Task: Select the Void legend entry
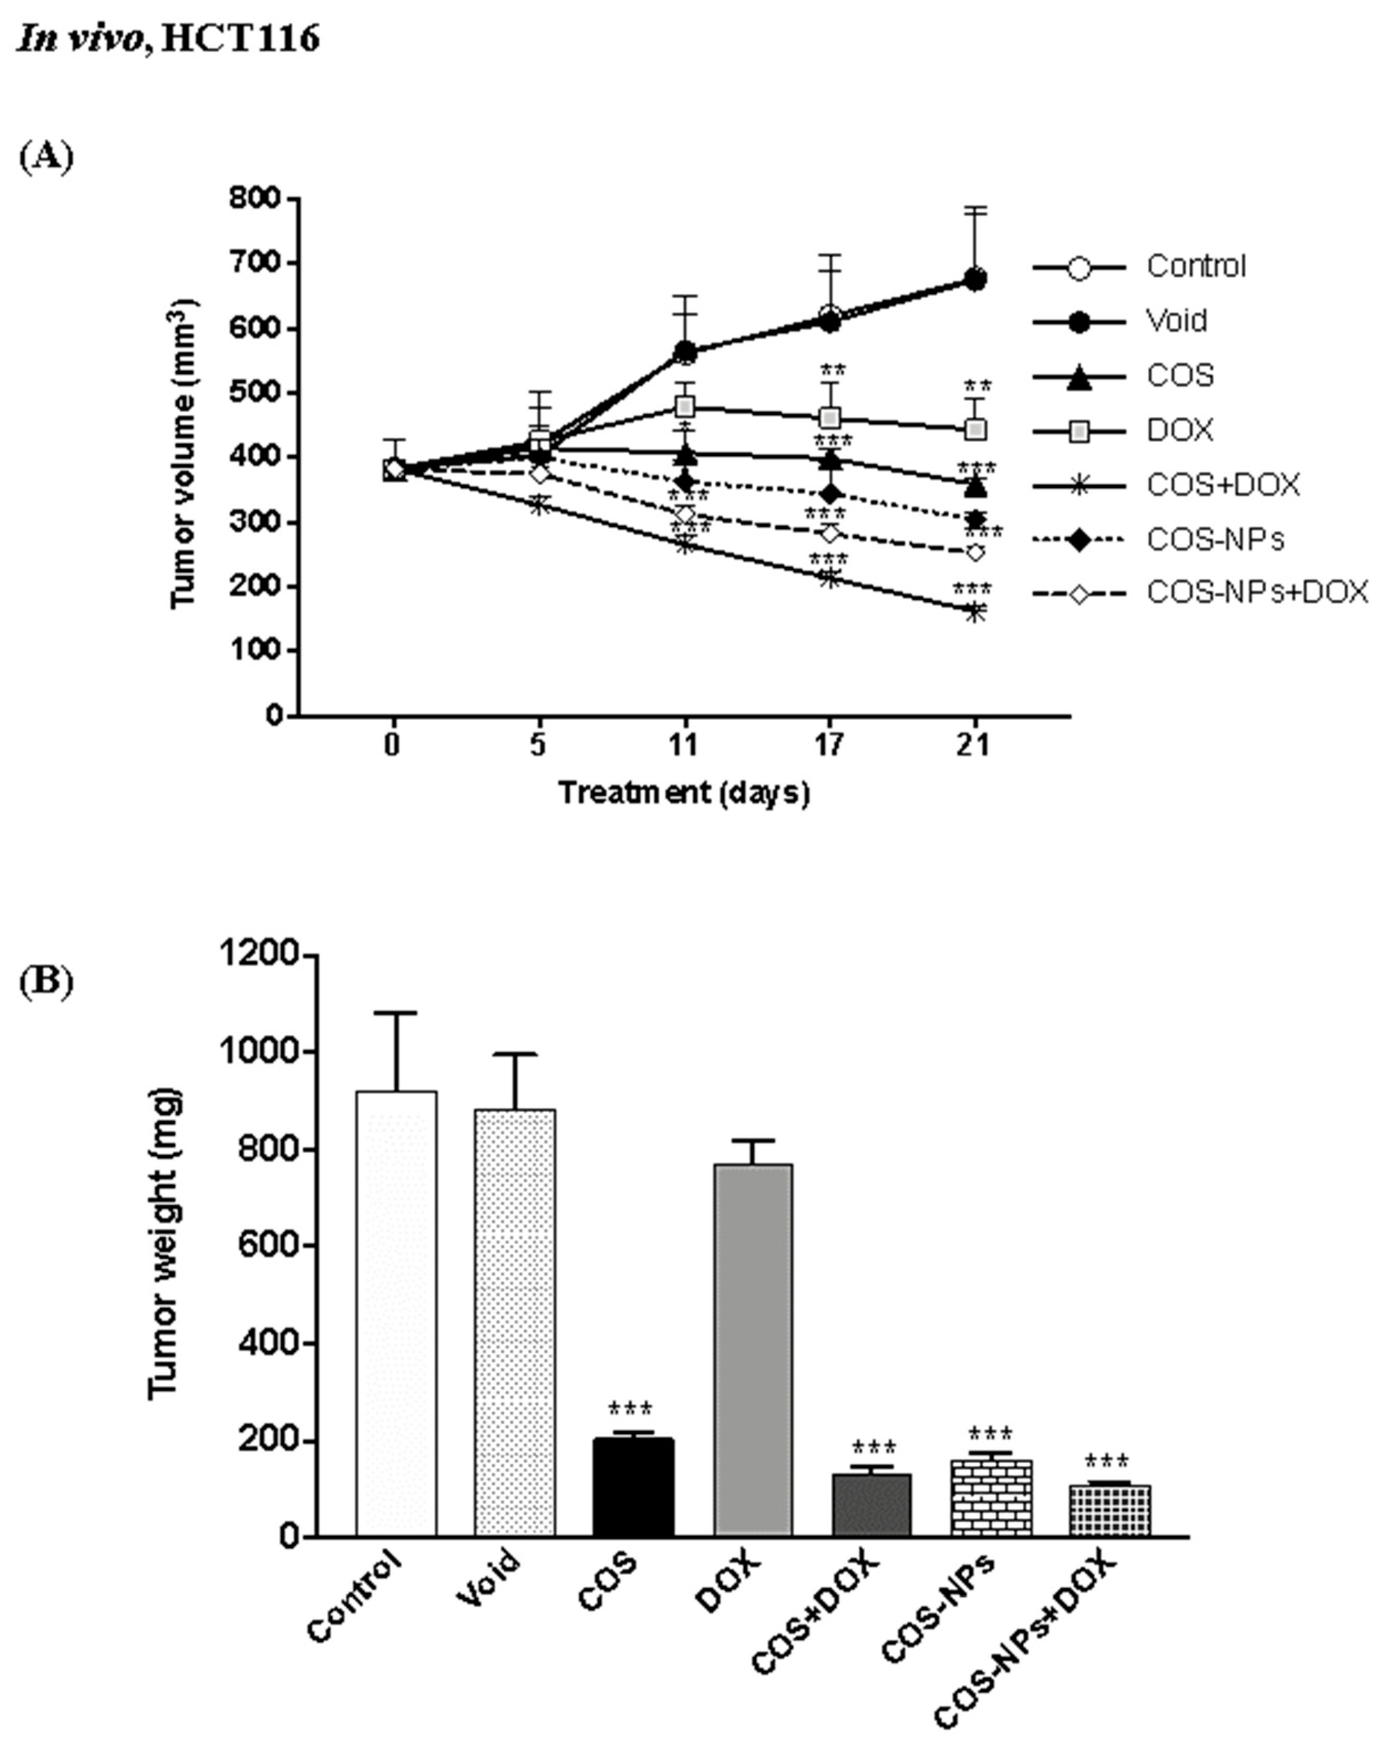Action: pos(1176,321)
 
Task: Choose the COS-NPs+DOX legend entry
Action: pos(1256,593)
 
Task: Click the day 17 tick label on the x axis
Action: pos(829,744)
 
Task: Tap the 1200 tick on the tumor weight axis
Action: pos(259,955)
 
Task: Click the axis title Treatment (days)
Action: pos(684,793)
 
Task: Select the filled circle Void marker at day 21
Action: pos(975,280)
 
